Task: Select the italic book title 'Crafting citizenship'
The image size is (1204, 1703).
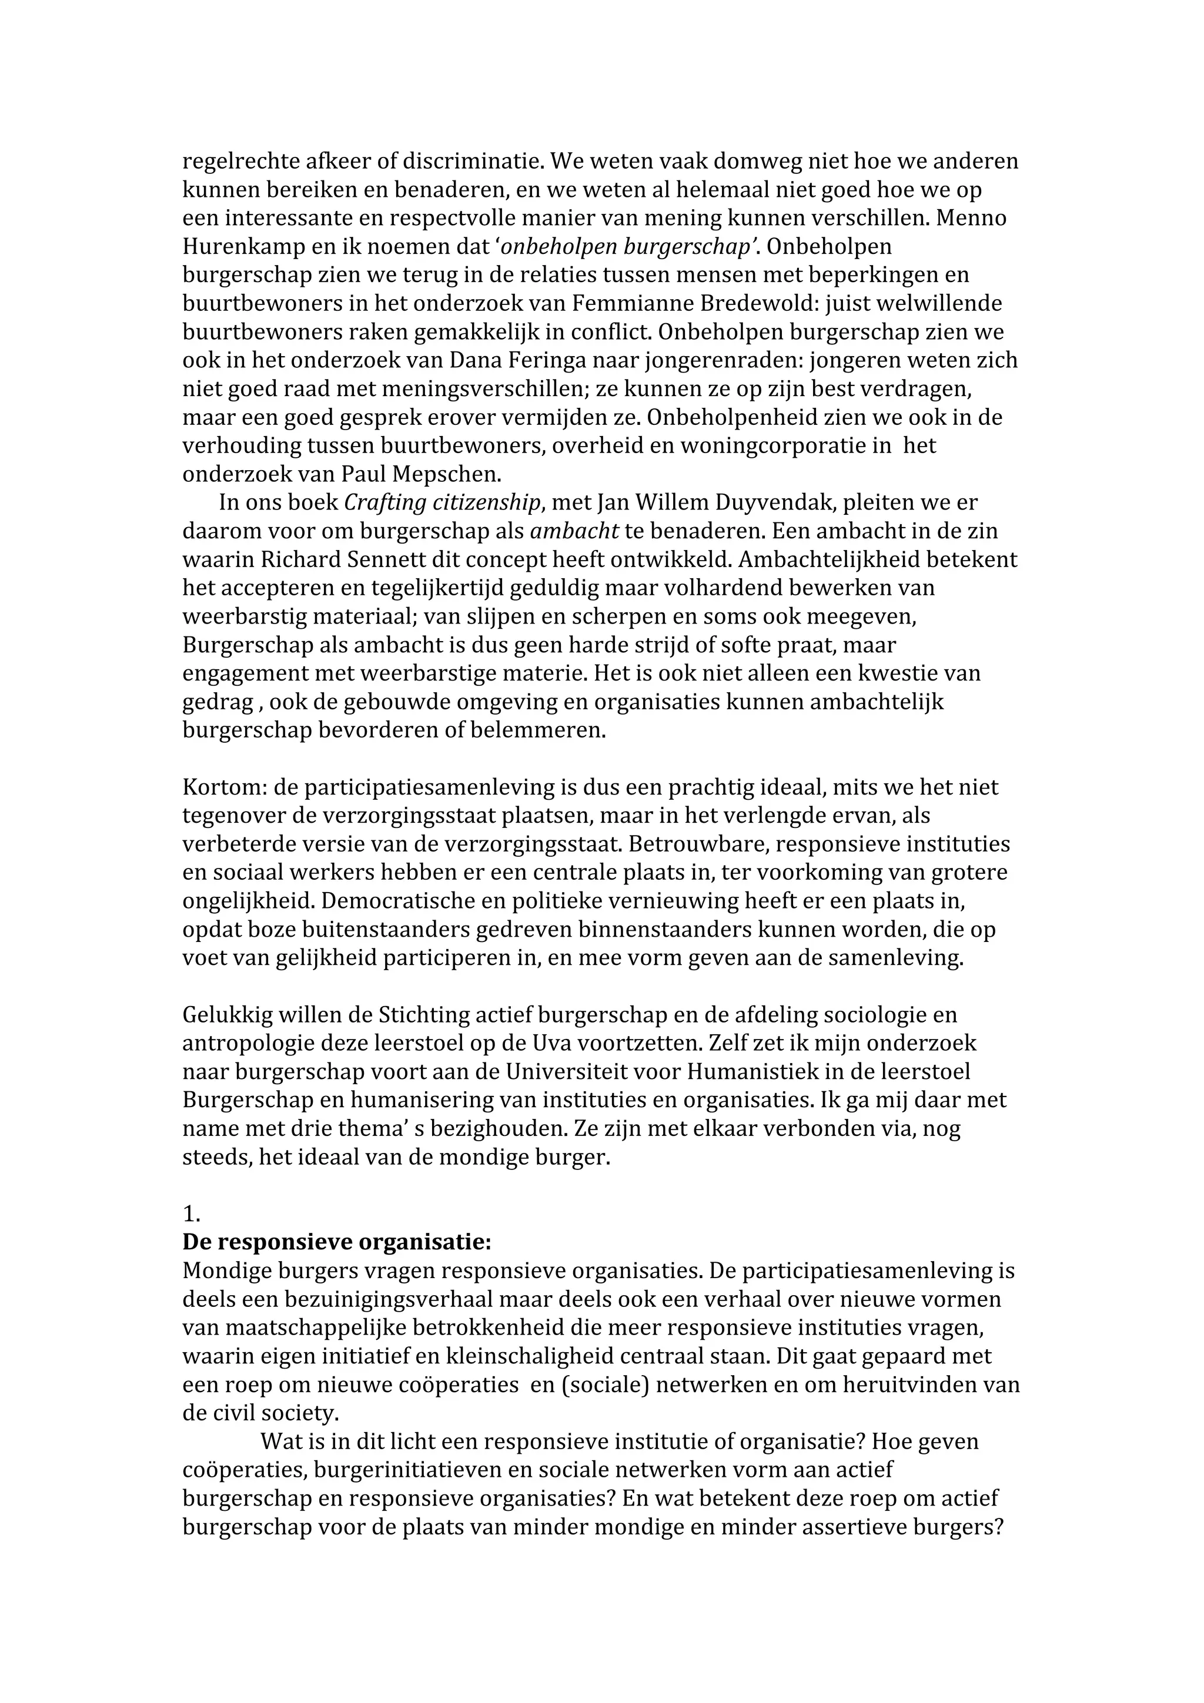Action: click(442, 503)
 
